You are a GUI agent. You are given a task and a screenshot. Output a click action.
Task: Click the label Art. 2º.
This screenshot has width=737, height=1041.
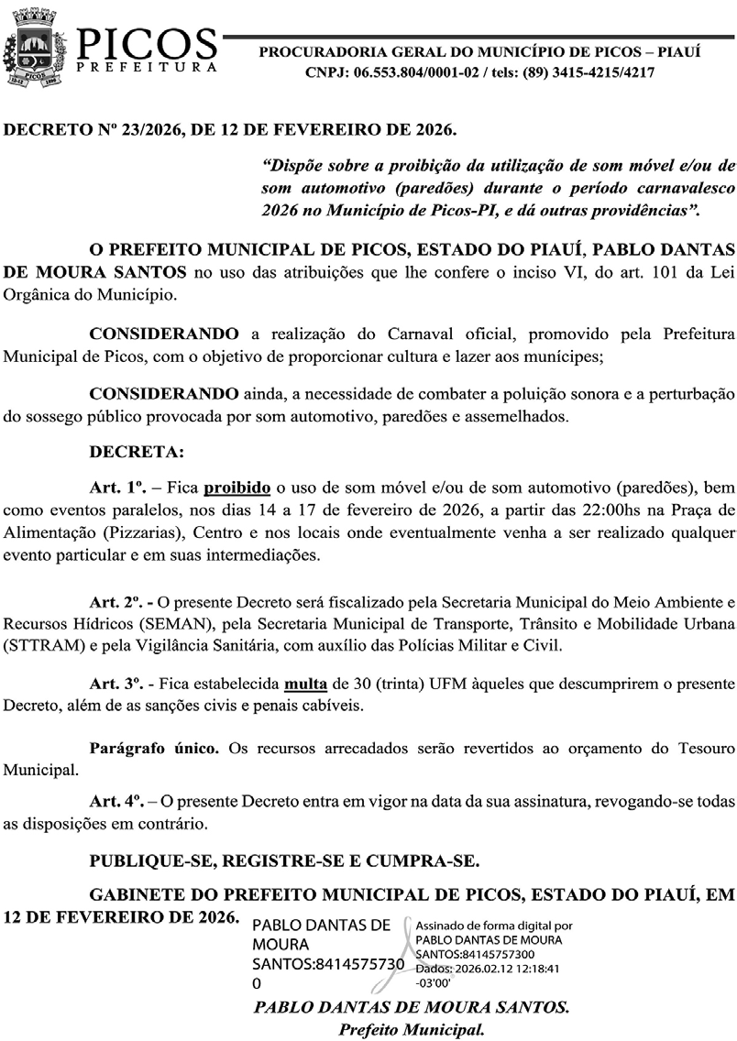click(120, 604)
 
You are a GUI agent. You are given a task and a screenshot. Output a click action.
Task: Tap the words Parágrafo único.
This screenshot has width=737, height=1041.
click(153, 749)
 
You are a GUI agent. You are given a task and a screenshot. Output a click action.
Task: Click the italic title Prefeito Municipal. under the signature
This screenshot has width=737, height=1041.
click(412, 1027)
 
